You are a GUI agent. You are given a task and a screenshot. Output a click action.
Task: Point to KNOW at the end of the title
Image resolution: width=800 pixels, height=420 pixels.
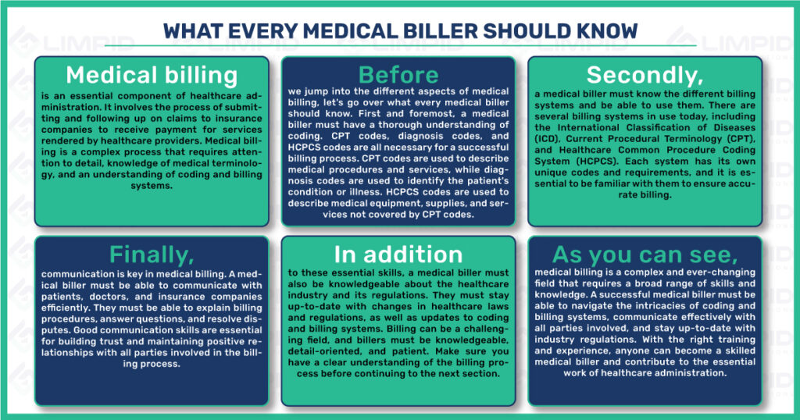click(x=607, y=31)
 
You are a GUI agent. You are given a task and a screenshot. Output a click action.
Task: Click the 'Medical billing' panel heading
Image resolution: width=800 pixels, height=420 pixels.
click(x=152, y=76)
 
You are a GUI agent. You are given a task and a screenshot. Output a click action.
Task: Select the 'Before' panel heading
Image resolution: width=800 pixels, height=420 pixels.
click(x=398, y=75)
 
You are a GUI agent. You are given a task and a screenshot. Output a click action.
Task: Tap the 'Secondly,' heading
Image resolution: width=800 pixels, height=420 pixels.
click(x=645, y=76)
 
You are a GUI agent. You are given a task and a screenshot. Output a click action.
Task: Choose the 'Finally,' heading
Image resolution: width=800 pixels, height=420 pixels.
click(x=152, y=254)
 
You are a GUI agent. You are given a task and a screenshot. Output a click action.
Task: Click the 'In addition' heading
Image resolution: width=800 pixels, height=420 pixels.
click(x=398, y=254)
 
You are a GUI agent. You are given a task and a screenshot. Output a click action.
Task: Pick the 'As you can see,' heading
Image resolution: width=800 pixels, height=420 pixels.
click(x=645, y=254)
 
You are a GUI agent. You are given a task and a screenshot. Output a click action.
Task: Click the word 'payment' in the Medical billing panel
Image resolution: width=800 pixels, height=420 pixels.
click(x=169, y=130)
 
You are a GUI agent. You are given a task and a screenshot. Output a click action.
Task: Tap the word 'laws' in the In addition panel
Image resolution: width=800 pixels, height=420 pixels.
click(x=498, y=306)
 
